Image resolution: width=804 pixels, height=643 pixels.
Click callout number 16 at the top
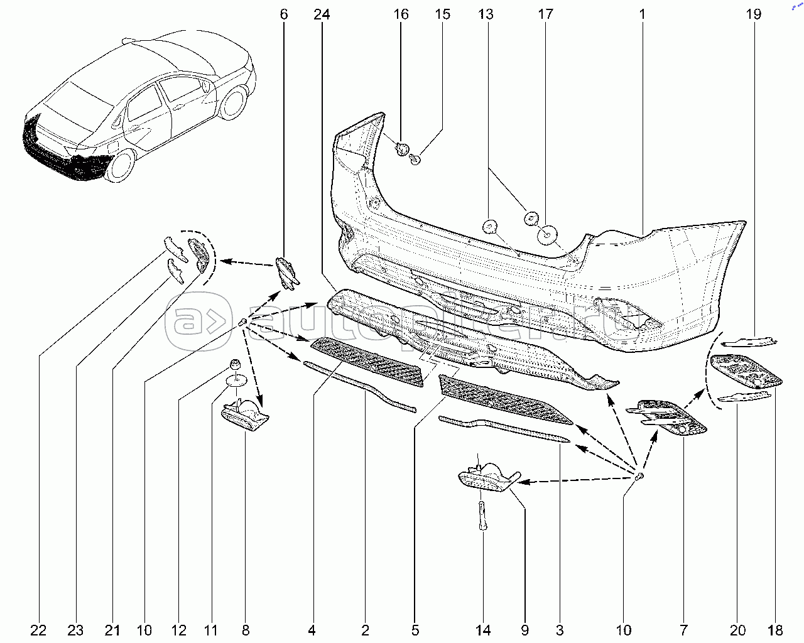[x=401, y=14]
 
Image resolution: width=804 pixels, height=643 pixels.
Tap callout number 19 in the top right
[x=754, y=14]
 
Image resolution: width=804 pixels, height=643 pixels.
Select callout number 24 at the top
[x=322, y=14]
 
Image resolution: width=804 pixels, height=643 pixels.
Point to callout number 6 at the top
[x=284, y=14]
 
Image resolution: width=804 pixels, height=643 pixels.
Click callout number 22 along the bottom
[x=39, y=630]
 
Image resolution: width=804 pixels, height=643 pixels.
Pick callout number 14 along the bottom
[x=483, y=630]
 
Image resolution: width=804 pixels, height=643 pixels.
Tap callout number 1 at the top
[x=643, y=14]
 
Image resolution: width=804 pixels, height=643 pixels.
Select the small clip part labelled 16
[x=402, y=149]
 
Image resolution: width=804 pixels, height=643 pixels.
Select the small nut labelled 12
[x=235, y=364]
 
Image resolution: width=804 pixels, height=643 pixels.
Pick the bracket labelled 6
[x=286, y=274]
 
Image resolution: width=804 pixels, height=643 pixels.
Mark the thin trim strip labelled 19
[x=751, y=341]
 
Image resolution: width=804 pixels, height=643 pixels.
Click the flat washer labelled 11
[x=237, y=379]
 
